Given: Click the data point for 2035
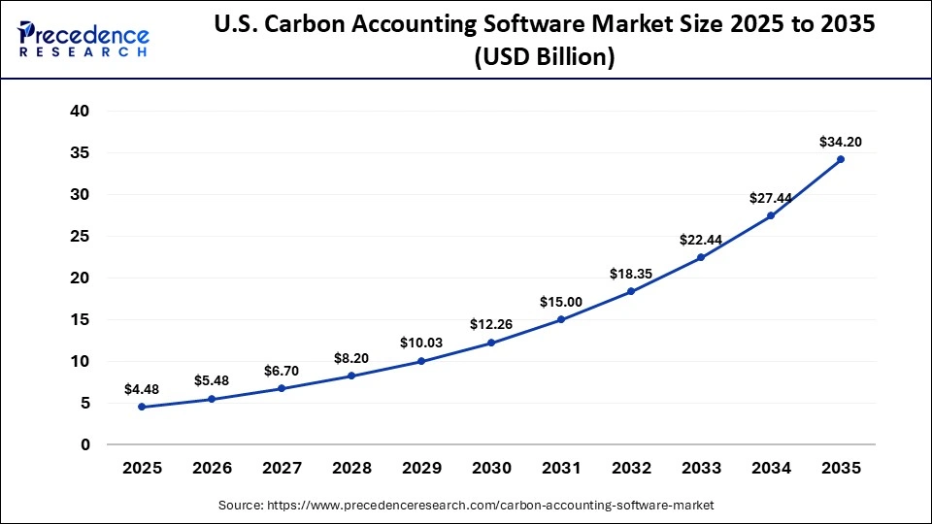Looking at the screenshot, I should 841,159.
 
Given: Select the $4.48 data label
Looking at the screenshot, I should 142,389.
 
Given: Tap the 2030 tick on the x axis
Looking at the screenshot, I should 491,468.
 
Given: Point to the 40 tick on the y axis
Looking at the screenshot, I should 80,112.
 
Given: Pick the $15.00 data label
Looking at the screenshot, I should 561,302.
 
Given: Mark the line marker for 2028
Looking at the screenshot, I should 351,376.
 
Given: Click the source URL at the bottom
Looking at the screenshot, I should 466,505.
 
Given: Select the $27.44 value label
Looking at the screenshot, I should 771,198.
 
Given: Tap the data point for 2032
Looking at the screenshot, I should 631,291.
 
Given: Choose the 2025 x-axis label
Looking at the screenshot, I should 142,468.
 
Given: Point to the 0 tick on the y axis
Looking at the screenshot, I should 85,445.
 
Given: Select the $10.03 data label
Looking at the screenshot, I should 421,343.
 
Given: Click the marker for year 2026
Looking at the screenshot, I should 212,399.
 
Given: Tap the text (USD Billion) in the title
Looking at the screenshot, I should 544,58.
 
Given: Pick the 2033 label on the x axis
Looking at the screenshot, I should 701,468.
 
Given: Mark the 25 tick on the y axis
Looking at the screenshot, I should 80,237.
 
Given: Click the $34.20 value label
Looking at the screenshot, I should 841,142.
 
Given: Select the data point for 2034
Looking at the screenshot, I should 771,215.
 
